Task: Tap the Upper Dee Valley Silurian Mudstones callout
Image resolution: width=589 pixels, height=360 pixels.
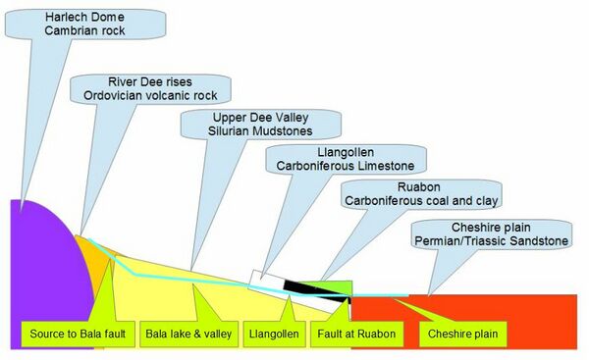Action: pyautogui.click(x=261, y=124)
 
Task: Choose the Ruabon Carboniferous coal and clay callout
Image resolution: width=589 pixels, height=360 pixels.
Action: pyautogui.click(x=421, y=193)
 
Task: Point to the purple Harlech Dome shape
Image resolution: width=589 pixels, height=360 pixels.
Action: pyautogui.click(x=39, y=265)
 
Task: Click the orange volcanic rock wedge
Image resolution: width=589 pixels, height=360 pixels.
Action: pyautogui.click(x=91, y=257)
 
